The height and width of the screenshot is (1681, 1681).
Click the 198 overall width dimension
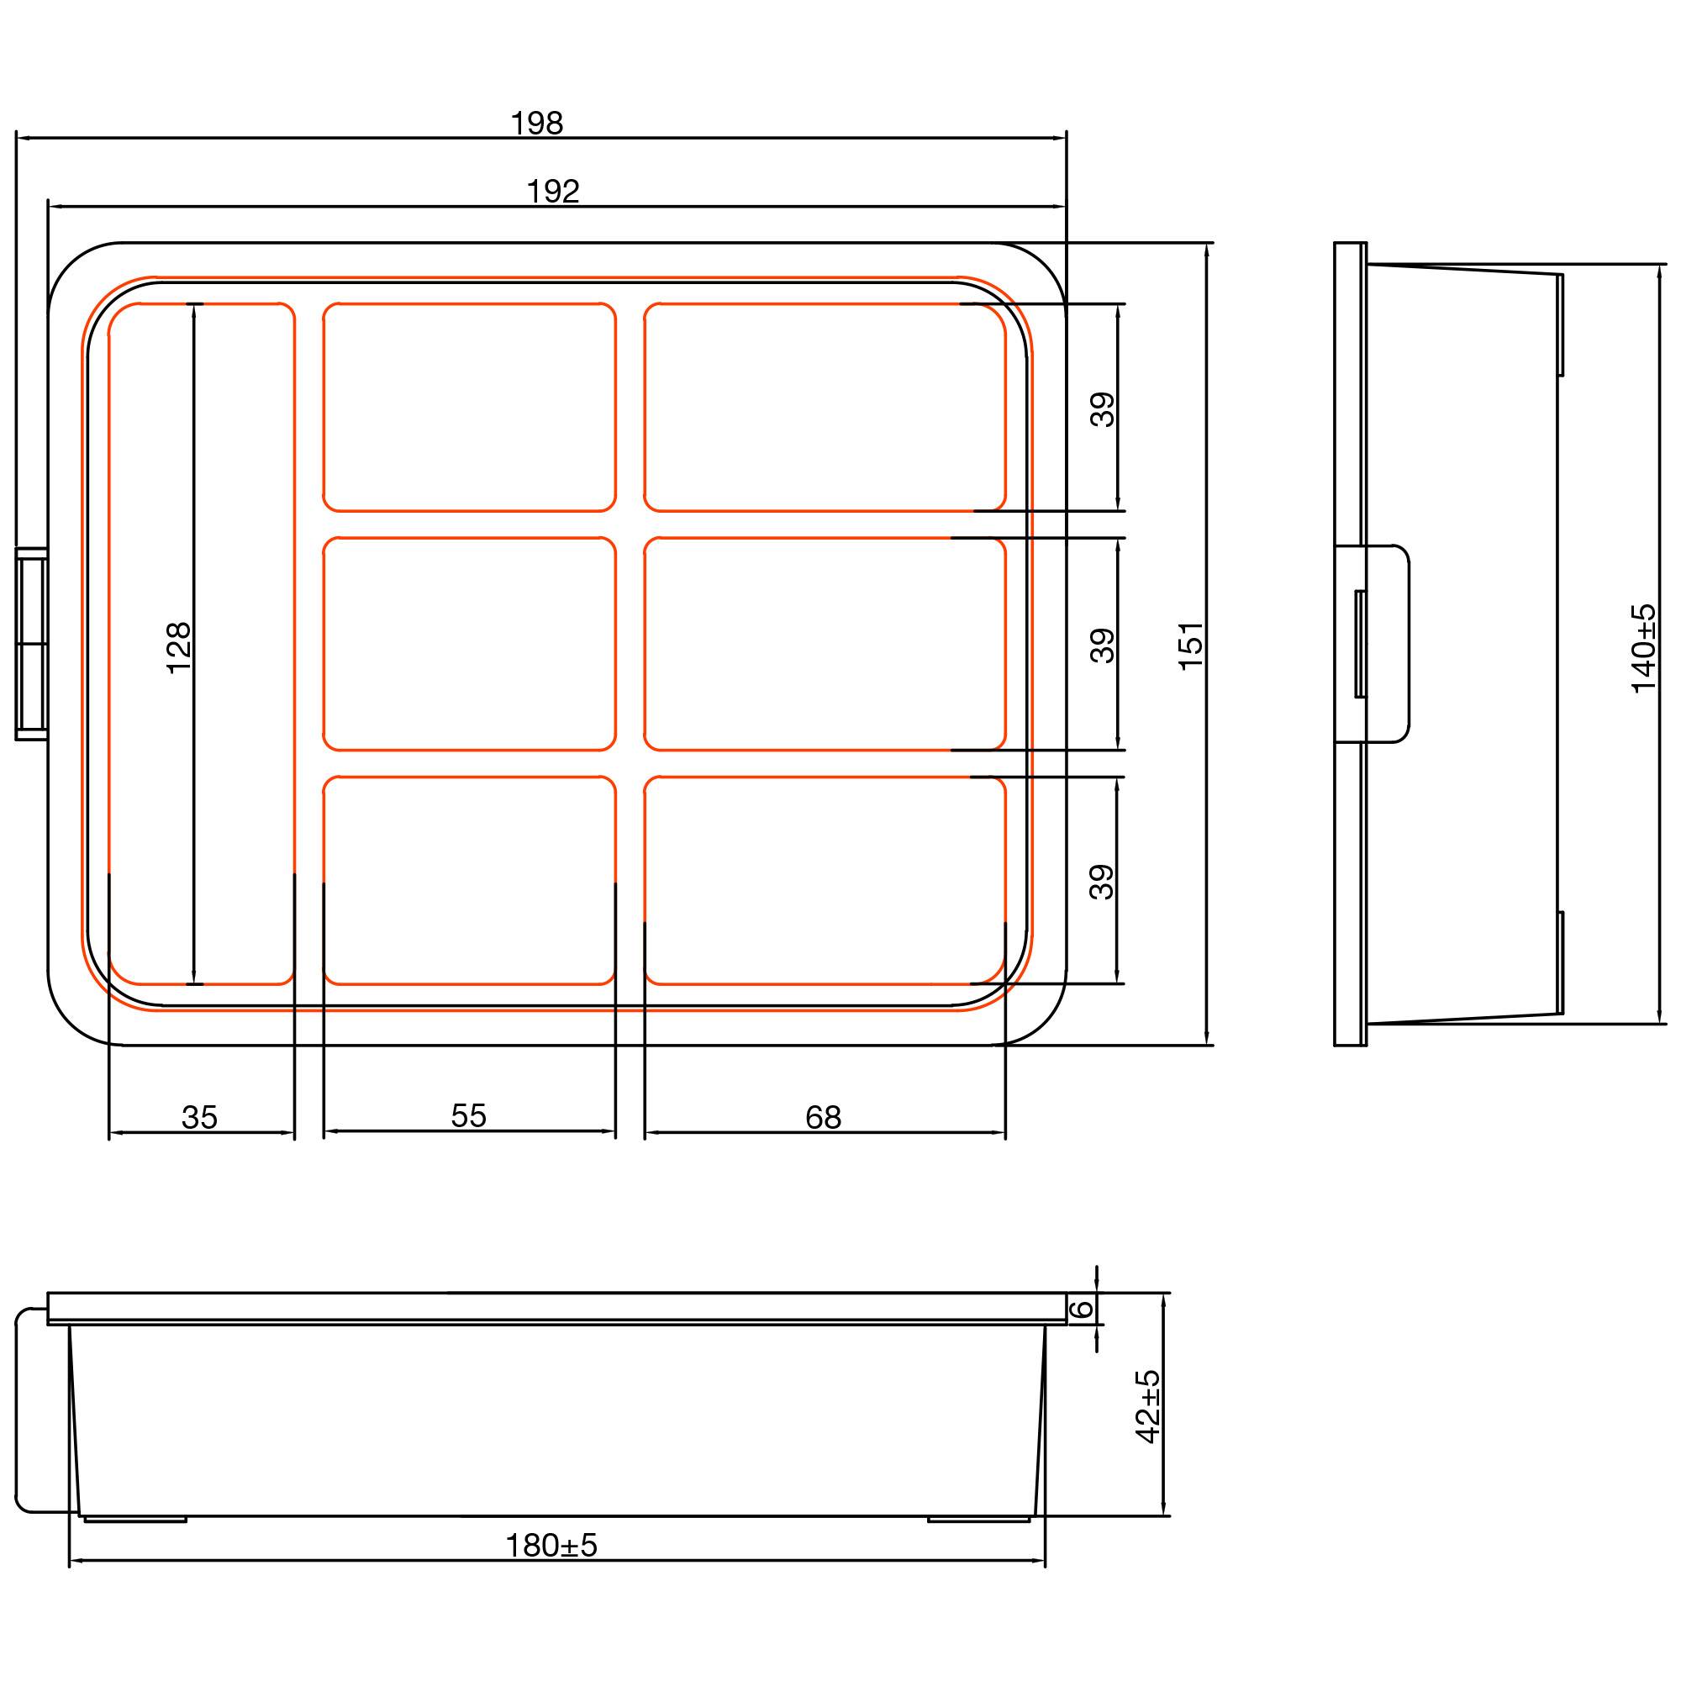pyautogui.click(x=537, y=124)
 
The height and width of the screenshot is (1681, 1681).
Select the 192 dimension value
pyautogui.click(x=553, y=192)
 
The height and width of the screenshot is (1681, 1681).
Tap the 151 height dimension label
pyautogui.click(x=1190, y=644)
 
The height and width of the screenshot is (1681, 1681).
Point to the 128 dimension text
pyautogui.click(x=178, y=647)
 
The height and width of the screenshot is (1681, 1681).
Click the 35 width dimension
pyautogui.click(x=199, y=1118)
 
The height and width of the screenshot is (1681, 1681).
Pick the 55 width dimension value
pyautogui.click(x=468, y=1116)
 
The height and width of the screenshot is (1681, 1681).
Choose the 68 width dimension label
pyautogui.click(x=823, y=1118)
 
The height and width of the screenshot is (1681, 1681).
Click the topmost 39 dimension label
pyautogui.click(x=1103, y=409)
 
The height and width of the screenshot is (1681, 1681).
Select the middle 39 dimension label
pyautogui.click(x=1103, y=646)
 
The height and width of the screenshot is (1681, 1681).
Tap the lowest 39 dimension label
pyautogui.click(x=1103, y=882)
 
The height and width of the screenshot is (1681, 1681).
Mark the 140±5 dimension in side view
pyautogui.click(x=1643, y=648)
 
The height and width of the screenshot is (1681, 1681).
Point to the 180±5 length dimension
pyautogui.click(x=551, y=1547)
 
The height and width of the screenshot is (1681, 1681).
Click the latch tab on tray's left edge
pyautogui.click(x=31, y=644)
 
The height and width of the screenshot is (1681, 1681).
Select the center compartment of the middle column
pyautogui.click(x=469, y=644)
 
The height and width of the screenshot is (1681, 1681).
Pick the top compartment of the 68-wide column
pyautogui.click(x=824, y=407)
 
